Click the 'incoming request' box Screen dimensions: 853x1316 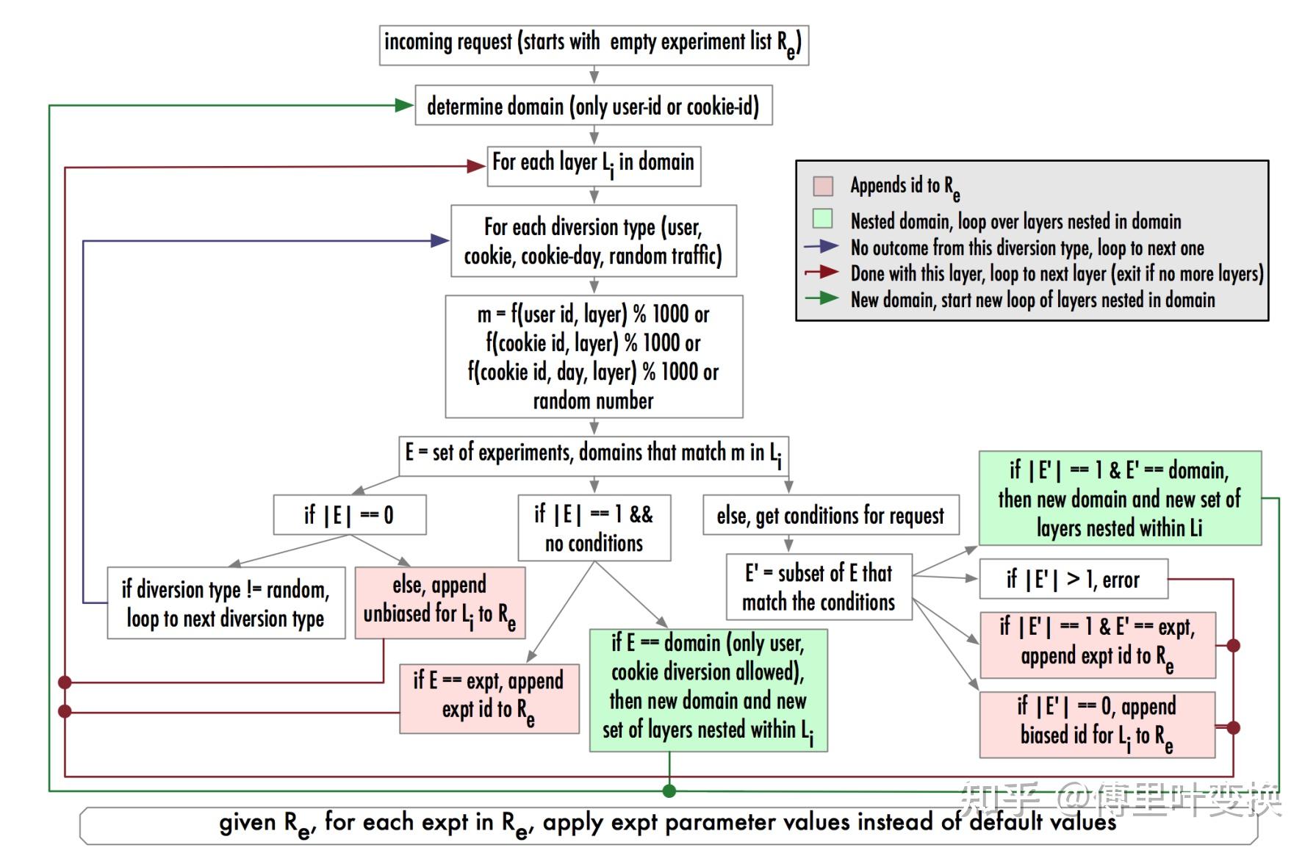594,44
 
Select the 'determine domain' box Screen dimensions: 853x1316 594,106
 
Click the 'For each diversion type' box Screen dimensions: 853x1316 594,241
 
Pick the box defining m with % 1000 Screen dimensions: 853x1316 594,356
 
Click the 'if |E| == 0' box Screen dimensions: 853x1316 350,514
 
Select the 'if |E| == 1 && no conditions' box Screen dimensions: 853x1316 594,528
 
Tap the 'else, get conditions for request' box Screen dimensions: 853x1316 830,515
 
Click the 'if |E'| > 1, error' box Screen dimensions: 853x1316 1073,579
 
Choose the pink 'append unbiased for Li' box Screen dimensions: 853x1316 439,602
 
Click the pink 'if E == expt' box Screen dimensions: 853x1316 489,699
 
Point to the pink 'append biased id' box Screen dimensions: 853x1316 1097,724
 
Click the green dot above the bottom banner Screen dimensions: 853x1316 669,791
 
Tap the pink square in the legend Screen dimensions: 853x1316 823,186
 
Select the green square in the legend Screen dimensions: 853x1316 823,219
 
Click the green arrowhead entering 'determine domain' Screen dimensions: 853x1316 404,106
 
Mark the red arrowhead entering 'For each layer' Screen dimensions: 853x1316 476,166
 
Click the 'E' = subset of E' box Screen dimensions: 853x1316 819,587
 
